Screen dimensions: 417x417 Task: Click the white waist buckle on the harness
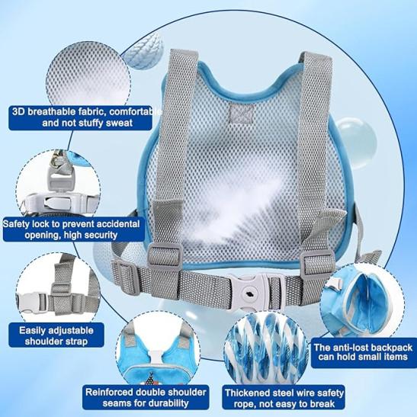(249, 292)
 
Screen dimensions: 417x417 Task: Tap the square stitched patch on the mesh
(242, 113)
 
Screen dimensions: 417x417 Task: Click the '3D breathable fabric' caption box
(80, 118)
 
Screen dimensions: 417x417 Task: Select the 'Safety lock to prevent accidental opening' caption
(74, 229)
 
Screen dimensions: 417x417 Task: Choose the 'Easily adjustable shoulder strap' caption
(56, 335)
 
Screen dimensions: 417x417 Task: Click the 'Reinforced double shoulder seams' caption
(146, 397)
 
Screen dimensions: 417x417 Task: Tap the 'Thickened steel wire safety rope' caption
(284, 398)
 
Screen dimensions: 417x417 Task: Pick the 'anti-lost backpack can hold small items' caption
(364, 352)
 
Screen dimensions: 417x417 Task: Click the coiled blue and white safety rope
(265, 347)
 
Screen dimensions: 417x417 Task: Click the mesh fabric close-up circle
(88, 74)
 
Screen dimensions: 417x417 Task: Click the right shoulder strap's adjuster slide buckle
(318, 261)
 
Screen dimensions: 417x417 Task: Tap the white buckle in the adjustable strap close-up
(31, 303)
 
